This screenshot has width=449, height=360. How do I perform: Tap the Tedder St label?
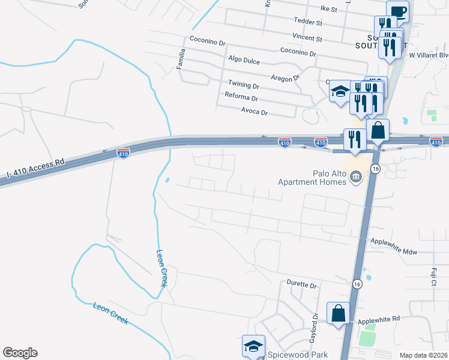pyautogui.click(x=308, y=23)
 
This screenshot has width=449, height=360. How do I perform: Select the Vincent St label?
pyautogui.click(x=307, y=38)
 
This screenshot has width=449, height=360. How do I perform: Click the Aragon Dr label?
pyautogui.click(x=285, y=78)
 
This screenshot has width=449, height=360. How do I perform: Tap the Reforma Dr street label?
pyautogui.click(x=241, y=98)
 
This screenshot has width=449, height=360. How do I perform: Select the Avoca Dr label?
pyautogui.click(x=254, y=112)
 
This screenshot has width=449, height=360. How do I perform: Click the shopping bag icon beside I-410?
pyautogui.click(x=379, y=130)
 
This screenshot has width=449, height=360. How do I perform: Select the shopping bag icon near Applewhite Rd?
pyautogui.click(x=338, y=313)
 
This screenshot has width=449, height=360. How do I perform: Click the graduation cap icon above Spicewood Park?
pyautogui.click(x=253, y=346)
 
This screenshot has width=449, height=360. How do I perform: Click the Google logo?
pyautogui.click(x=20, y=353)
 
